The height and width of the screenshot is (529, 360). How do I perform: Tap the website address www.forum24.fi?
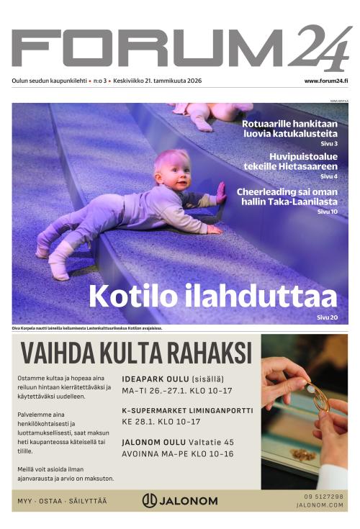[326, 81]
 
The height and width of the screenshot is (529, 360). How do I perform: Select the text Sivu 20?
[327, 317]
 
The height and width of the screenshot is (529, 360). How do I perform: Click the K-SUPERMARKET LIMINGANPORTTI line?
[187, 411]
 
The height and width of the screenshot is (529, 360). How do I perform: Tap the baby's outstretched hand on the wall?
[220, 191]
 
